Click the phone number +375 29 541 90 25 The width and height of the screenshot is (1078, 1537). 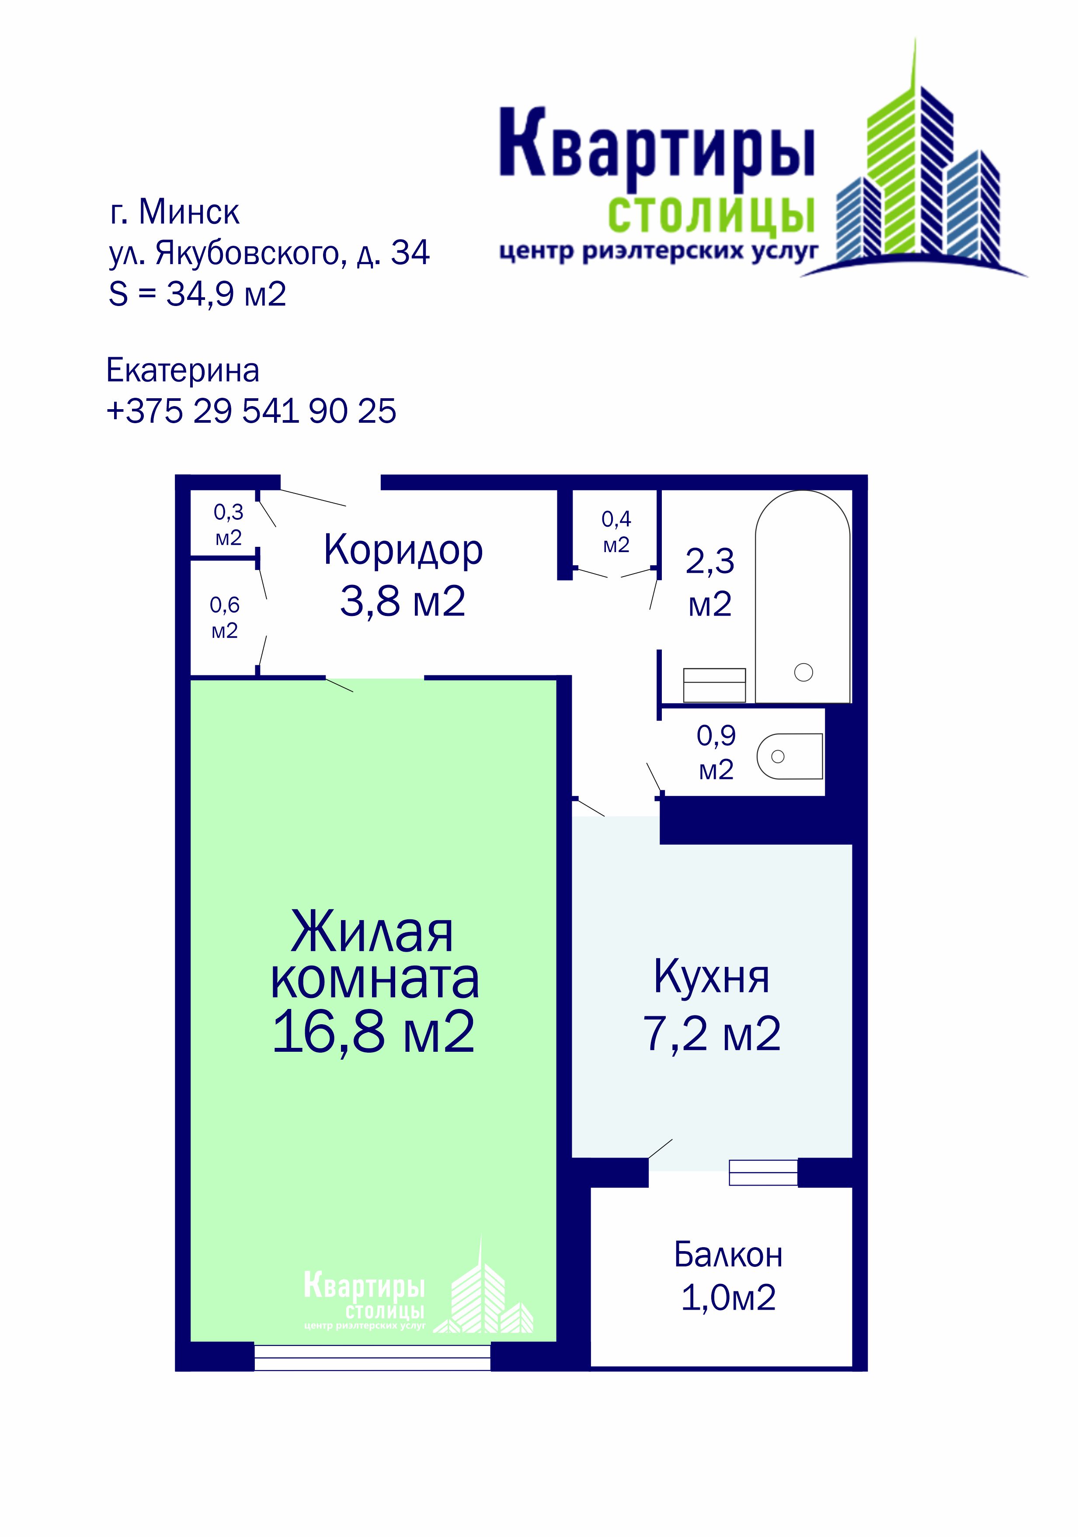(251, 410)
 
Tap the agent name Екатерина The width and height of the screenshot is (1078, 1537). (183, 370)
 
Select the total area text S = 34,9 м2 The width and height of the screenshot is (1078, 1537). (198, 294)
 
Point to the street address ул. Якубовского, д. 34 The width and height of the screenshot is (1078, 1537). (269, 253)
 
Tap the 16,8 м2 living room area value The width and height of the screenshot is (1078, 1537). (374, 1032)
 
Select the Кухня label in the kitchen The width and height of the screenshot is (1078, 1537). (711, 978)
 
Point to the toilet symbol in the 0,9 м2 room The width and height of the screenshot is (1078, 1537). (790, 756)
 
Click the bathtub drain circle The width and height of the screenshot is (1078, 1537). (803, 672)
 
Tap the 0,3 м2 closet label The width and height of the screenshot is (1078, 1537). (228, 525)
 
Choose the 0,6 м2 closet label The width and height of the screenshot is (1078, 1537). (224, 618)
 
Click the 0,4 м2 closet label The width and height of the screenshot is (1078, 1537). (616, 532)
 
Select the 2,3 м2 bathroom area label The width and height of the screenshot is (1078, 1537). (710, 582)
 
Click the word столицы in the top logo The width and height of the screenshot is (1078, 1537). (711, 215)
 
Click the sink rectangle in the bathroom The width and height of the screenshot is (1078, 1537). (714, 685)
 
